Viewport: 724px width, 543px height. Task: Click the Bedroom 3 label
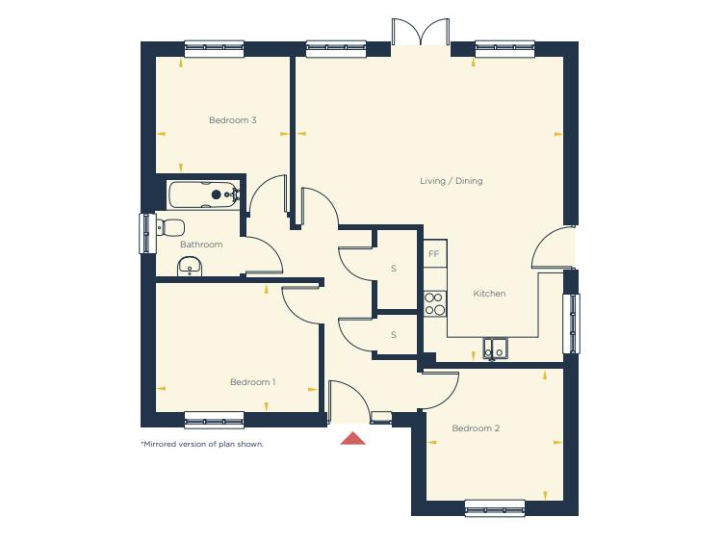[232, 120]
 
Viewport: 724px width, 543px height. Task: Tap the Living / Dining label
[451, 181]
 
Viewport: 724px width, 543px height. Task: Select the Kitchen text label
[489, 294]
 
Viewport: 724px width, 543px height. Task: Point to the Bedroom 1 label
[252, 382]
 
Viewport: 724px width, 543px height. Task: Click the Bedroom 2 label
[476, 428]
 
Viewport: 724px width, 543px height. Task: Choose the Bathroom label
[201, 245]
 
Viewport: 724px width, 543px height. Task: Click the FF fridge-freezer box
[434, 254]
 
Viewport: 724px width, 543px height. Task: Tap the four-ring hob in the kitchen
[434, 304]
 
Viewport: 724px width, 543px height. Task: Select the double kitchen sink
[495, 348]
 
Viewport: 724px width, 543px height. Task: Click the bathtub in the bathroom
[203, 195]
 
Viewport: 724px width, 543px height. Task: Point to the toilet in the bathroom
[169, 228]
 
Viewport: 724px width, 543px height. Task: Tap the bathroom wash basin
[190, 267]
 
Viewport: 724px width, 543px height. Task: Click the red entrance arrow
[353, 439]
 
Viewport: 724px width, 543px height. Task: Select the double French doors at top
[421, 33]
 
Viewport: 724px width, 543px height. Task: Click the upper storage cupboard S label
[394, 269]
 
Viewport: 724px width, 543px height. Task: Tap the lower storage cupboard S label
[394, 335]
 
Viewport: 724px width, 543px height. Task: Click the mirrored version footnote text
[202, 444]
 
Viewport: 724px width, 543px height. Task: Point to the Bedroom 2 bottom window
[495, 507]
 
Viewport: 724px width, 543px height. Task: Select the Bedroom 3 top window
[214, 47]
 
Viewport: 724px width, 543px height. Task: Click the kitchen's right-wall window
[571, 323]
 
